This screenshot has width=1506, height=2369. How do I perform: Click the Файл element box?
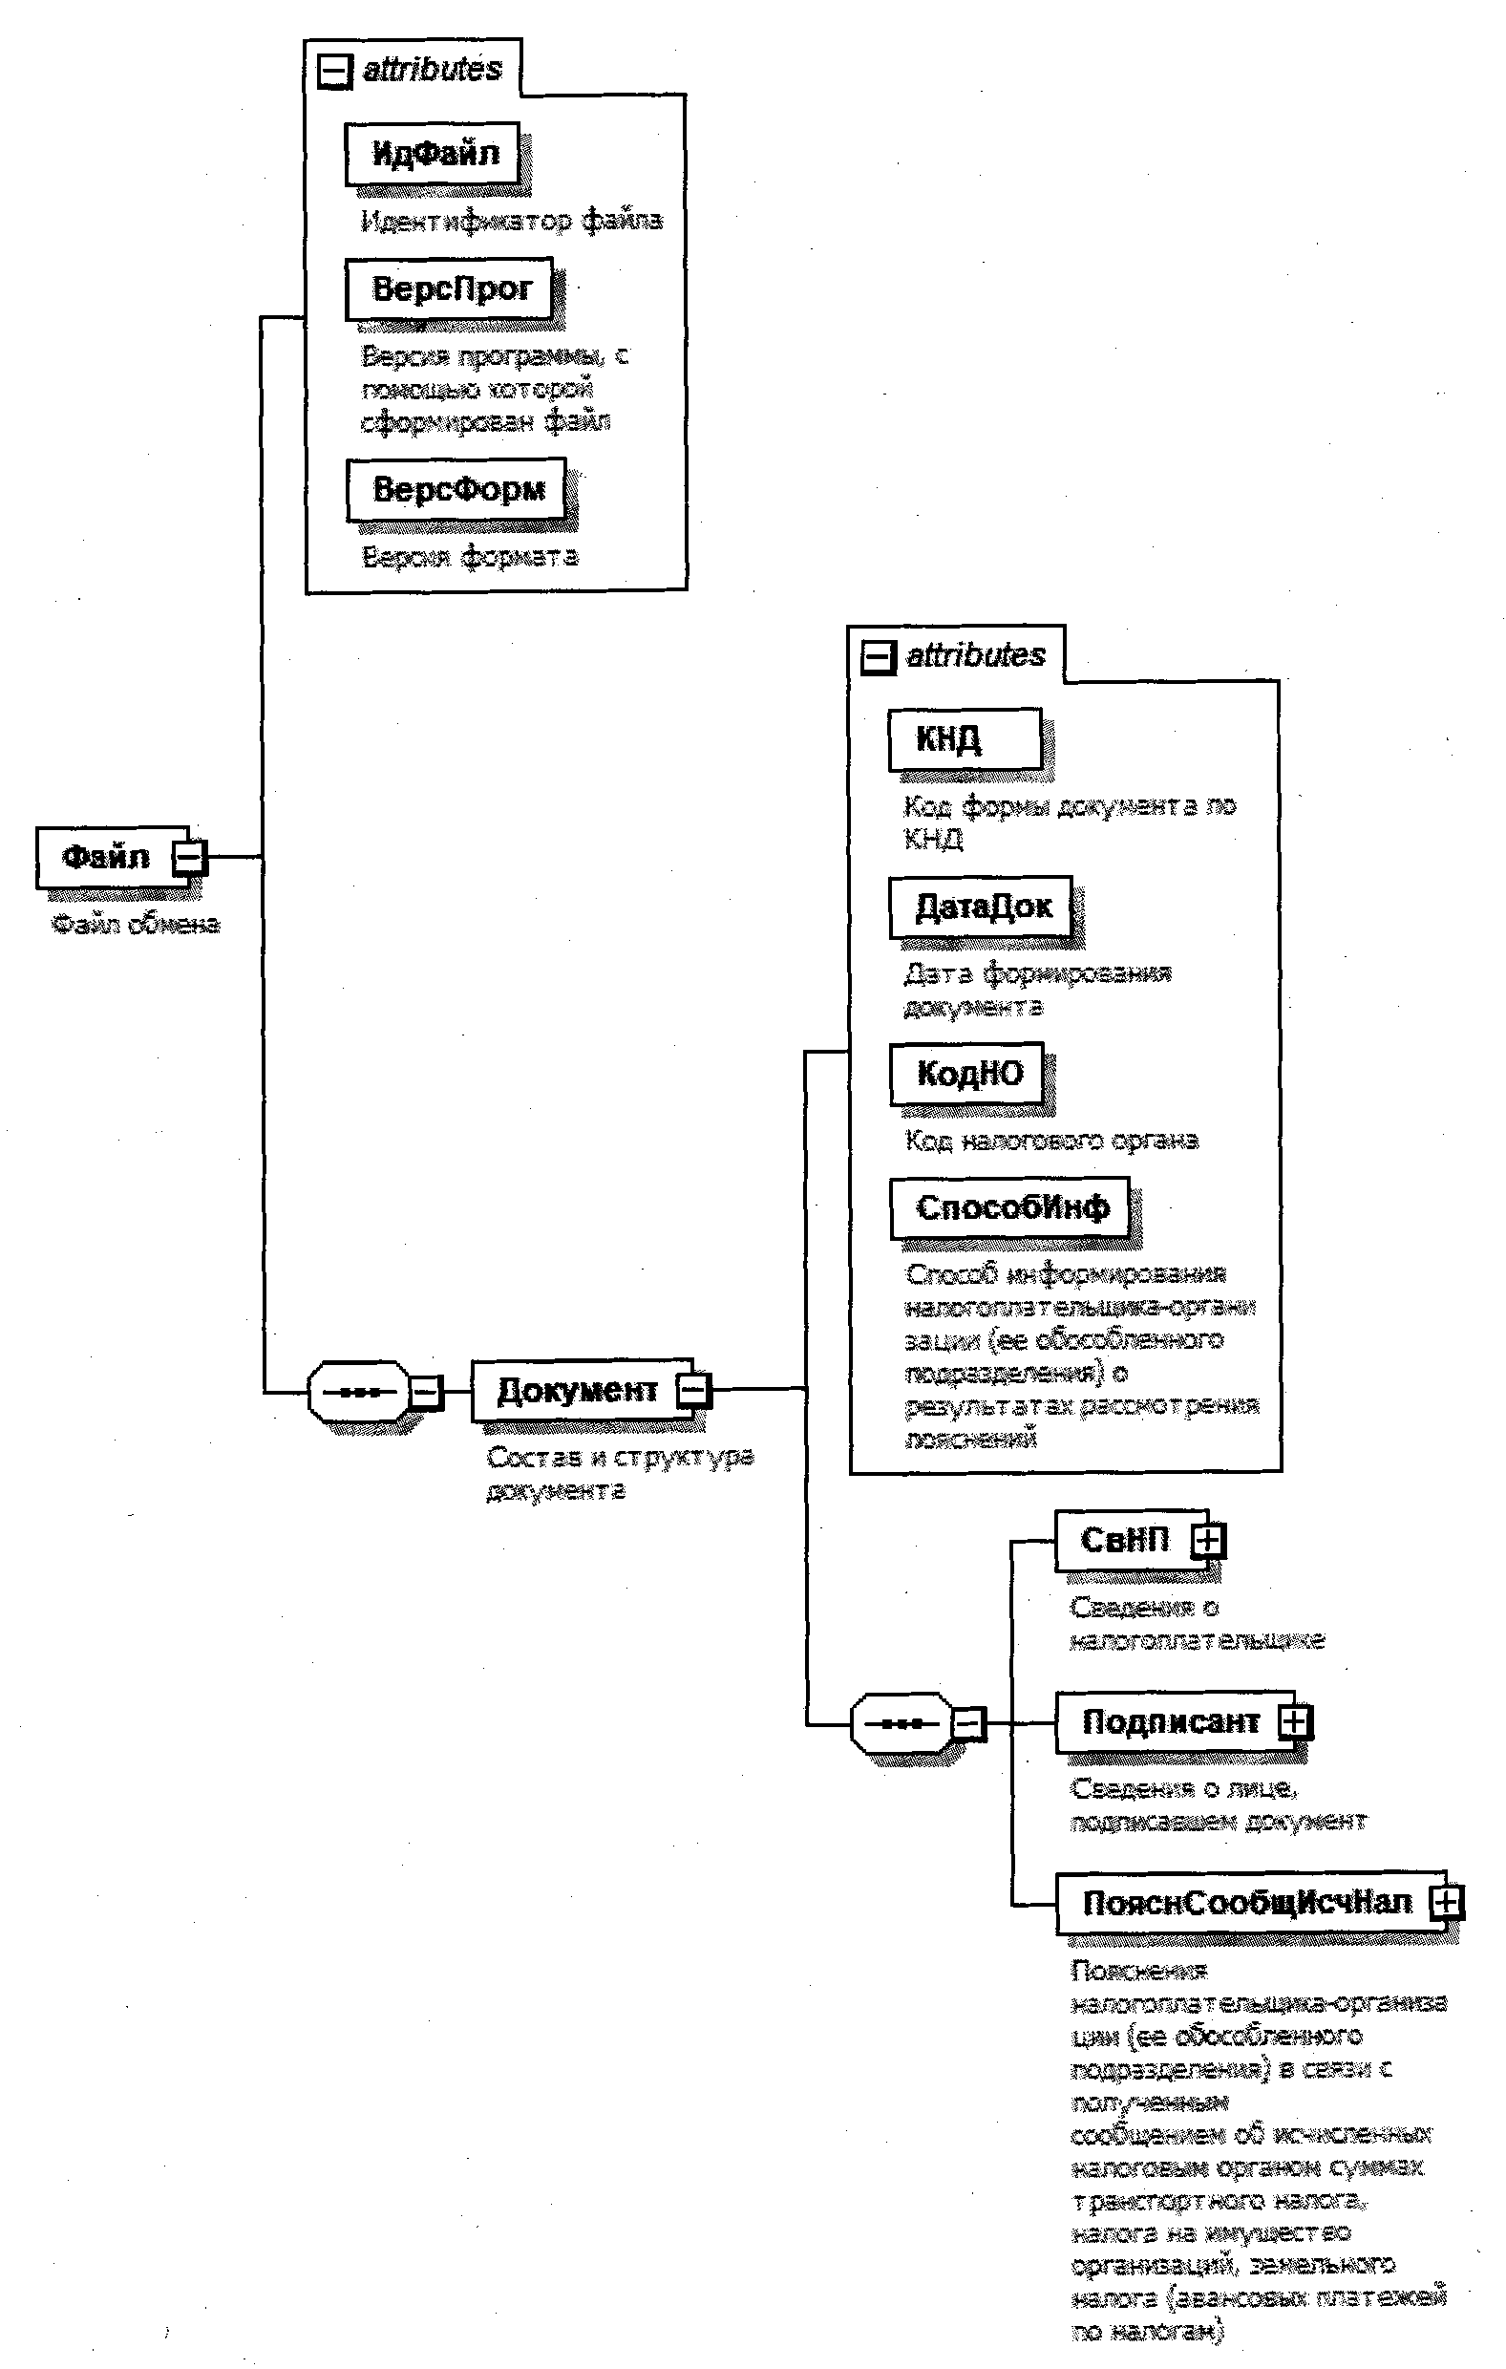coord(106,857)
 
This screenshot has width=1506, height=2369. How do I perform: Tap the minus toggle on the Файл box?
coord(189,858)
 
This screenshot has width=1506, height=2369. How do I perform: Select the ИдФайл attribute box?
coord(433,154)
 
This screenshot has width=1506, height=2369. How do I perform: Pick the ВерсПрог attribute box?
coord(450,288)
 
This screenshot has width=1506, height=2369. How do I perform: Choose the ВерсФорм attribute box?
coord(456,489)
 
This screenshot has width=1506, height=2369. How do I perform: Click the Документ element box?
coord(577,1390)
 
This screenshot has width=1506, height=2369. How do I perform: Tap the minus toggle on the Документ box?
coord(692,1390)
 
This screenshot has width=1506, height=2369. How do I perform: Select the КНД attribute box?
coord(964,738)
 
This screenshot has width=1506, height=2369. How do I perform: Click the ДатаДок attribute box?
coord(982,907)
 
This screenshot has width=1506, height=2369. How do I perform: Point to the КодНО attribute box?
coord(969,1074)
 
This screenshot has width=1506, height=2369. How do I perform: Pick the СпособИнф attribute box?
coord(1010,1208)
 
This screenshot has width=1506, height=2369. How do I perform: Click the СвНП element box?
coord(1124,1541)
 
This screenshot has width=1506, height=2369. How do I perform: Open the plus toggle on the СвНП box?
coord(1209,1541)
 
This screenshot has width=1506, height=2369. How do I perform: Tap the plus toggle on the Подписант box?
coord(1296,1721)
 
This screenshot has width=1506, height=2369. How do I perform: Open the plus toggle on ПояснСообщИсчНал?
coord(1445,1903)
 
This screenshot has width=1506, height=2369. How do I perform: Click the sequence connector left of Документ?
coord(358,1392)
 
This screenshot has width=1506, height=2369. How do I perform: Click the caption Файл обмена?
coord(136,925)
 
